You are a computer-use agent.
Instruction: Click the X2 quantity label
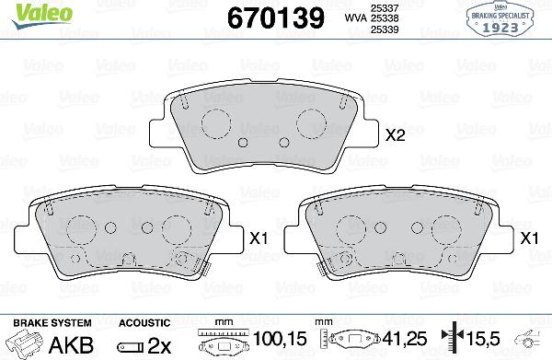pyautogui.click(x=395, y=135)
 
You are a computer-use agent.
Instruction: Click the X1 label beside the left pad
pyautogui.click(x=258, y=238)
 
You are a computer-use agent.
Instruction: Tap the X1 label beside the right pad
pyautogui.click(x=529, y=238)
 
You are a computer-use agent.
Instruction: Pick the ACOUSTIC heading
pyautogui.click(x=144, y=323)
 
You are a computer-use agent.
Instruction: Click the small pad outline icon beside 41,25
pyautogui.click(x=359, y=342)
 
